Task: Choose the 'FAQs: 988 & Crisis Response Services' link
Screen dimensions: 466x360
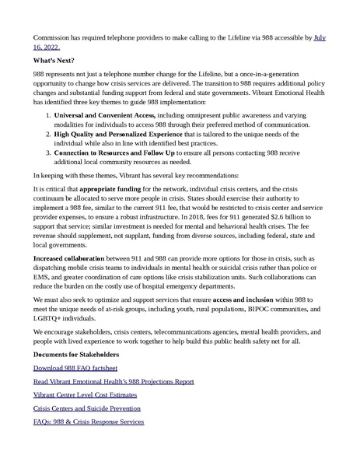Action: [x=88, y=422]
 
